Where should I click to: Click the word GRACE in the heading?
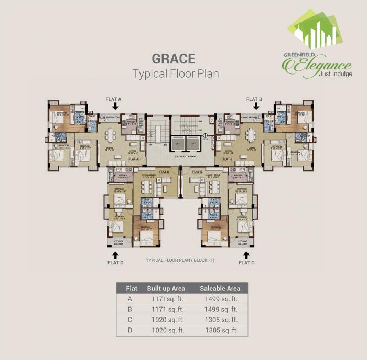click(x=173, y=58)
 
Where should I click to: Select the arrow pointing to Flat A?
click(x=115, y=107)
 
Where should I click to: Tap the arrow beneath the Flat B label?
click(x=255, y=107)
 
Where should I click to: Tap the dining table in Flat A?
click(x=111, y=135)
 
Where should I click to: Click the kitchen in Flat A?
click(x=129, y=124)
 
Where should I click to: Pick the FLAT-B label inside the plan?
click(x=228, y=158)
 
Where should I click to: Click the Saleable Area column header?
click(x=220, y=288)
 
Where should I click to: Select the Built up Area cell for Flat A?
click(x=165, y=299)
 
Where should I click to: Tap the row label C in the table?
click(x=129, y=319)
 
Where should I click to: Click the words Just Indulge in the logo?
click(x=335, y=74)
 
